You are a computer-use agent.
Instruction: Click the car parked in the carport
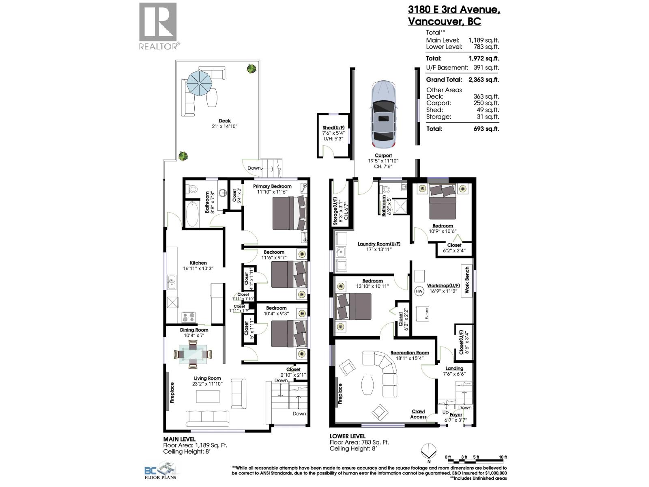383,114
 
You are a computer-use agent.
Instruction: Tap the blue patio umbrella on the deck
199,83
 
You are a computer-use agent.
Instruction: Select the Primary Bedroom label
272,186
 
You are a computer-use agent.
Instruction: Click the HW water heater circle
419,291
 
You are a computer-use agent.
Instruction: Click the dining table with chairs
193,354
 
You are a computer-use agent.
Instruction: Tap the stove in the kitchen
188,317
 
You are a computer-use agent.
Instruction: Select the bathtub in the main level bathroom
192,214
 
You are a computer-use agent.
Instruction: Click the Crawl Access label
418,414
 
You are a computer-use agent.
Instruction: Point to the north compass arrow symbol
429,452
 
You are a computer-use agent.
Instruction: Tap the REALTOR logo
159,26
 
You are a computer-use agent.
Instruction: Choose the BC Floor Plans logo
161,471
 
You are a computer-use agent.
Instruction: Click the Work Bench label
467,280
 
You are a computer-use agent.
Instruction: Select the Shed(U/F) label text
333,127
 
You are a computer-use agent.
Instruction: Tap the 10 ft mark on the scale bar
503,457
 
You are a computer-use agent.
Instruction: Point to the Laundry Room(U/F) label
379,244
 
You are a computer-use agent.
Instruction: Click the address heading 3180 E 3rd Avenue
454,10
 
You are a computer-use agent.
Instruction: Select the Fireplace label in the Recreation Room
340,393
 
